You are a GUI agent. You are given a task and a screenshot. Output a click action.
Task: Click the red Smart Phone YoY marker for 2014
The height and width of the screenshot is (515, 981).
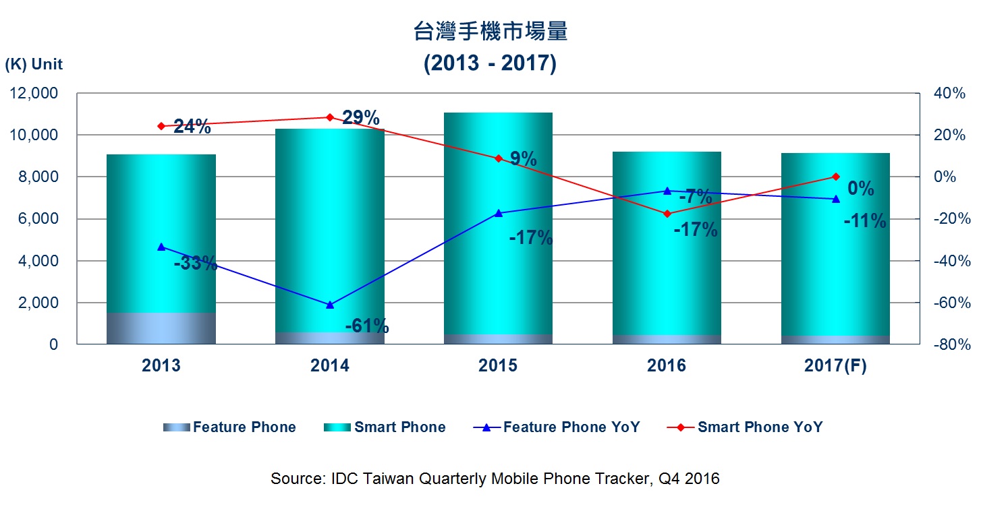(330, 117)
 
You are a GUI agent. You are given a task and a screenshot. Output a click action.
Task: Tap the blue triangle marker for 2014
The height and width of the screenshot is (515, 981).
(330, 305)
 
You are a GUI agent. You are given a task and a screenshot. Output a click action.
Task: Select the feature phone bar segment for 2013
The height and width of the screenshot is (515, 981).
(161, 328)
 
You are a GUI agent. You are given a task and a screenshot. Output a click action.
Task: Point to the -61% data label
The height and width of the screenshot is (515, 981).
(367, 327)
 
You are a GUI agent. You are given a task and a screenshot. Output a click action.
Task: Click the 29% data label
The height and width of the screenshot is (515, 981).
(360, 118)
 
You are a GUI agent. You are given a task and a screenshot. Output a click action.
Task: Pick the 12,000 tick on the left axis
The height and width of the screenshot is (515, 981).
(35, 94)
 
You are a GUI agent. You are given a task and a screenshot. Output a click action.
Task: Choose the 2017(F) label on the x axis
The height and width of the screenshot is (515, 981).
(835, 365)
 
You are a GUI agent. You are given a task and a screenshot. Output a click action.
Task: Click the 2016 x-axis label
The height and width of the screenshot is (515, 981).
(667, 365)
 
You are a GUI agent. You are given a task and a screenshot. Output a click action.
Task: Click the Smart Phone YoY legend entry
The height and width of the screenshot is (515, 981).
(744, 427)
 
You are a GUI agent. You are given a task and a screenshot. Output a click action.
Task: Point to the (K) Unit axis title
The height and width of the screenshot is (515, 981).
(34, 65)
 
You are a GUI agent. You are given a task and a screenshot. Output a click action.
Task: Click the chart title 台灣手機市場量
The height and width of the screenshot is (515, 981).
(490, 31)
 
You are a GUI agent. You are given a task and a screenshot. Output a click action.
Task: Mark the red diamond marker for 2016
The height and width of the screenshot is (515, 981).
(667, 214)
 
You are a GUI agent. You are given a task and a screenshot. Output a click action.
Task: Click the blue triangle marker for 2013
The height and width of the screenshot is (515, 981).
(161, 247)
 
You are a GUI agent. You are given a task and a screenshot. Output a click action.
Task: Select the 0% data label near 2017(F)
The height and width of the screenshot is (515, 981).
(861, 189)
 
